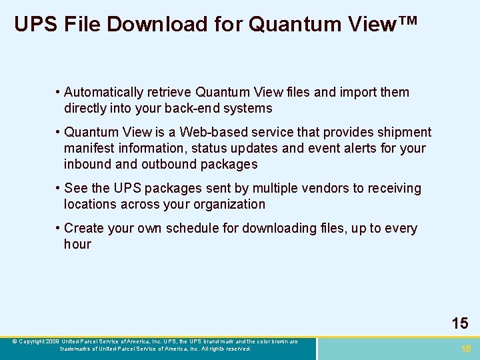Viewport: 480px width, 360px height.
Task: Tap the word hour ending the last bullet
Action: point(77,244)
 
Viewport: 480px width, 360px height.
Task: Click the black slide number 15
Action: point(460,324)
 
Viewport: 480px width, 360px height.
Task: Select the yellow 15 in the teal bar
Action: point(466,349)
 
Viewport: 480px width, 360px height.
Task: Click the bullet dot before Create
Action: point(59,228)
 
